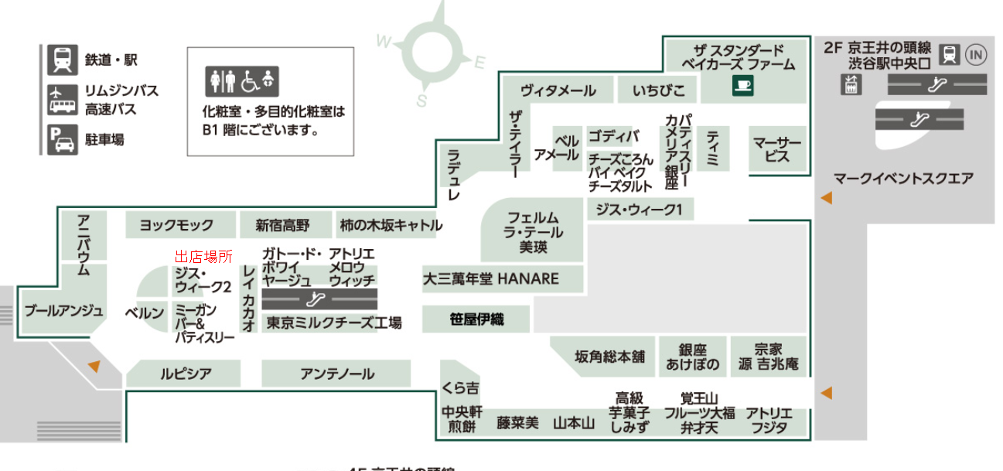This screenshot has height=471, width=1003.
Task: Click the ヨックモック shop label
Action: [176, 225]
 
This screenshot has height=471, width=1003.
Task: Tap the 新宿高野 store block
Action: [283, 225]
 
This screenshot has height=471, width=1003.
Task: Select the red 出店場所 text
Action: [203, 257]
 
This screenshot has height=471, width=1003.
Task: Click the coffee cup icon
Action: [742, 86]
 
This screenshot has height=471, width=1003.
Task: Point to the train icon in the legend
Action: [62, 60]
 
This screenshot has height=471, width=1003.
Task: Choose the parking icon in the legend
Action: [62, 140]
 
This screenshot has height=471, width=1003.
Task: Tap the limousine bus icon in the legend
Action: [62, 100]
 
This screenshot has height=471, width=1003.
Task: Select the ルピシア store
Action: [186, 374]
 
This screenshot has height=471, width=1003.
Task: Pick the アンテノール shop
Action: [337, 374]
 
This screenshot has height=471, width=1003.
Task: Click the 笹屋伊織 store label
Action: [476, 319]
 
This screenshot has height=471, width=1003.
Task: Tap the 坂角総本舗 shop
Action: [609, 357]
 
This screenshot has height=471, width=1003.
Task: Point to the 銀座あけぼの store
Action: [693, 357]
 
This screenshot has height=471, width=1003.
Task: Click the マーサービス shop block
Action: [778, 149]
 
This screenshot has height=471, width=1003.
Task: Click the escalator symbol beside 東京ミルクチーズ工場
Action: [319, 299]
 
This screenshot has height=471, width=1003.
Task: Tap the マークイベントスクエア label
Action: [903, 179]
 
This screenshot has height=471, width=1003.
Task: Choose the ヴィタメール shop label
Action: [558, 90]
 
